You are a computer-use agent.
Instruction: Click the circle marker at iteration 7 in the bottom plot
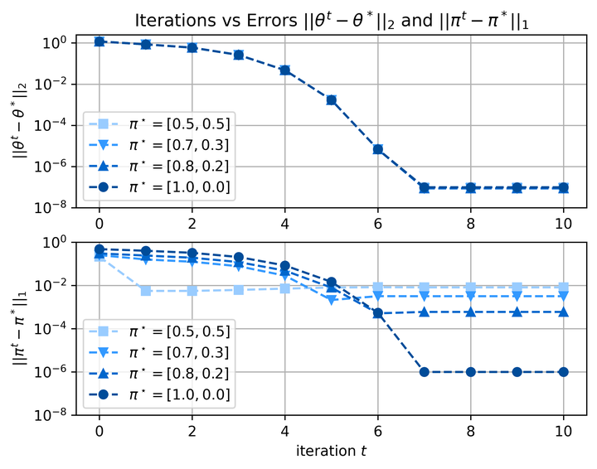425,372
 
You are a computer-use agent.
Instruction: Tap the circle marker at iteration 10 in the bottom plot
564,372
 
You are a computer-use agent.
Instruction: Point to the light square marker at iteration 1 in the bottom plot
146,291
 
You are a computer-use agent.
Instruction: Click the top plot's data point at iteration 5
332,100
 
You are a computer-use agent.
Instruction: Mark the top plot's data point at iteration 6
378,149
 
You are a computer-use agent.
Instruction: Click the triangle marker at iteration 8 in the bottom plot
471,312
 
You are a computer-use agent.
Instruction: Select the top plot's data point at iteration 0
99,41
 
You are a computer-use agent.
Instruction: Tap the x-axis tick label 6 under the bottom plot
378,433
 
